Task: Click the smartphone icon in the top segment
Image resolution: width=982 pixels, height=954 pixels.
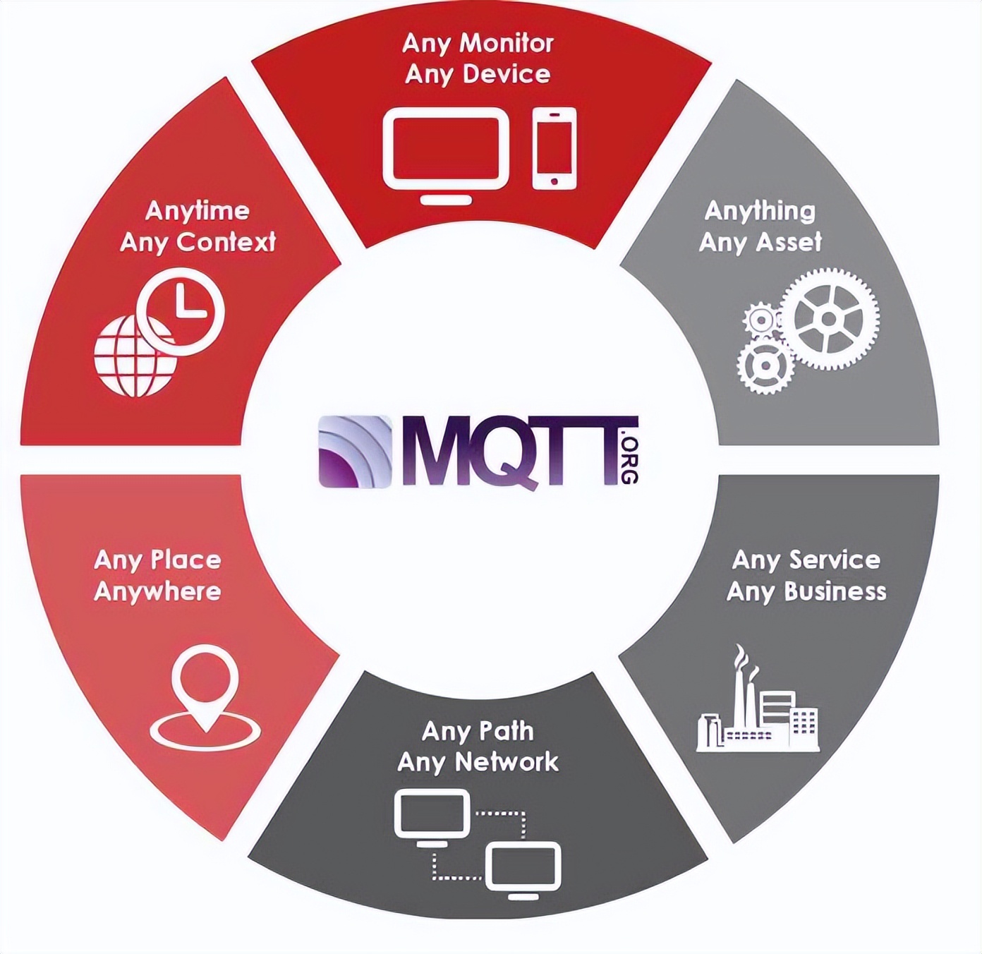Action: click(x=554, y=149)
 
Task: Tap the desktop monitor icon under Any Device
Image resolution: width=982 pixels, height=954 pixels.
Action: click(x=445, y=152)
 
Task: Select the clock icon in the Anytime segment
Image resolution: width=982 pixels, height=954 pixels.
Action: click(x=181, y=310)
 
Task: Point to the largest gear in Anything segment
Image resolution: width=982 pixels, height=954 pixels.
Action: click(x=830, y=319)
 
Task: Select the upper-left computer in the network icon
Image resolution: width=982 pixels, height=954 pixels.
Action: click(x=432, y=817)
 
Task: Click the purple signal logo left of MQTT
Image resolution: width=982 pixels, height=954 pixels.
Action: click(x=355, y=452)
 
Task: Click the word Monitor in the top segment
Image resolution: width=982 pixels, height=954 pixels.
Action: click(x=506, y=43)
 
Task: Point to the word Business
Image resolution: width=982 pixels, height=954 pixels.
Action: click(x=835, y=591)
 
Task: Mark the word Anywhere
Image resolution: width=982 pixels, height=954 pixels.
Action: click(x=157, y=591)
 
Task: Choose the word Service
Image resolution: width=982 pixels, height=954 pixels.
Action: click(x=835, y=560)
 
